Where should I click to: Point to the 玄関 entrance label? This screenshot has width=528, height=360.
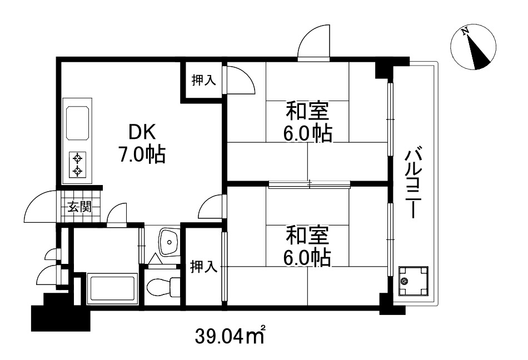pos(80,208)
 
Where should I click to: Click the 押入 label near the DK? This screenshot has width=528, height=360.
pos(203,81)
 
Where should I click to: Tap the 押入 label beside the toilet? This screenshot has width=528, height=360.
pos(203,267)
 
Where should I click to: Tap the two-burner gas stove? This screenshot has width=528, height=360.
pos(78,164)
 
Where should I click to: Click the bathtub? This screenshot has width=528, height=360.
pos(113,289)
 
